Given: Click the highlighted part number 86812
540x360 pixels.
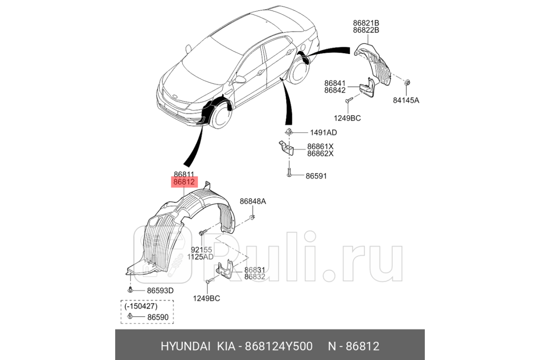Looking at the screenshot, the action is [184, 182].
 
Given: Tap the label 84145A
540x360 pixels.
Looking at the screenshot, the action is [406, 100].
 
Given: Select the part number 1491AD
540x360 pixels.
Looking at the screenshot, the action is [323, 133].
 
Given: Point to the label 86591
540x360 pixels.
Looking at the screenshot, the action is [316, 176].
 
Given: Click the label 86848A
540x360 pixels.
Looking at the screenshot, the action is [252, 201].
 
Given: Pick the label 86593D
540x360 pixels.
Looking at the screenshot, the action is [160, 291].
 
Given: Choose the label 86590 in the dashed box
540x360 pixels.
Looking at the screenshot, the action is [157, 317].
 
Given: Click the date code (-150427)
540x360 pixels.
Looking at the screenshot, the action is [141, 306].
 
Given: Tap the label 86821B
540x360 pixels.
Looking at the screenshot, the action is [366, 23].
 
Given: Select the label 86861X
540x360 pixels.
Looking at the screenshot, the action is [320, 146].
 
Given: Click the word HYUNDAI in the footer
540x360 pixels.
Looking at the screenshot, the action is [185, 346].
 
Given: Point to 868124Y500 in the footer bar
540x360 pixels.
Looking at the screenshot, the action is [279, 346].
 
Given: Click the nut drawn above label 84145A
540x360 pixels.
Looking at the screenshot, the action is [407, 82].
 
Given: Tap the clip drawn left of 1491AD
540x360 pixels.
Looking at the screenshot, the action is [288, 132].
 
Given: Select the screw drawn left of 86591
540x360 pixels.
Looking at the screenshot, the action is [289, 172].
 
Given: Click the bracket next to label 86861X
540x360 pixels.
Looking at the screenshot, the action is [287, 148].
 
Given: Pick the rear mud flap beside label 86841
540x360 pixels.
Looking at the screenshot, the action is [367, 88].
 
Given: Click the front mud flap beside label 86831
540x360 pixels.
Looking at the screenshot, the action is [225, 270].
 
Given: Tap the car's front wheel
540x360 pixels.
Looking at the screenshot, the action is [220, 115].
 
